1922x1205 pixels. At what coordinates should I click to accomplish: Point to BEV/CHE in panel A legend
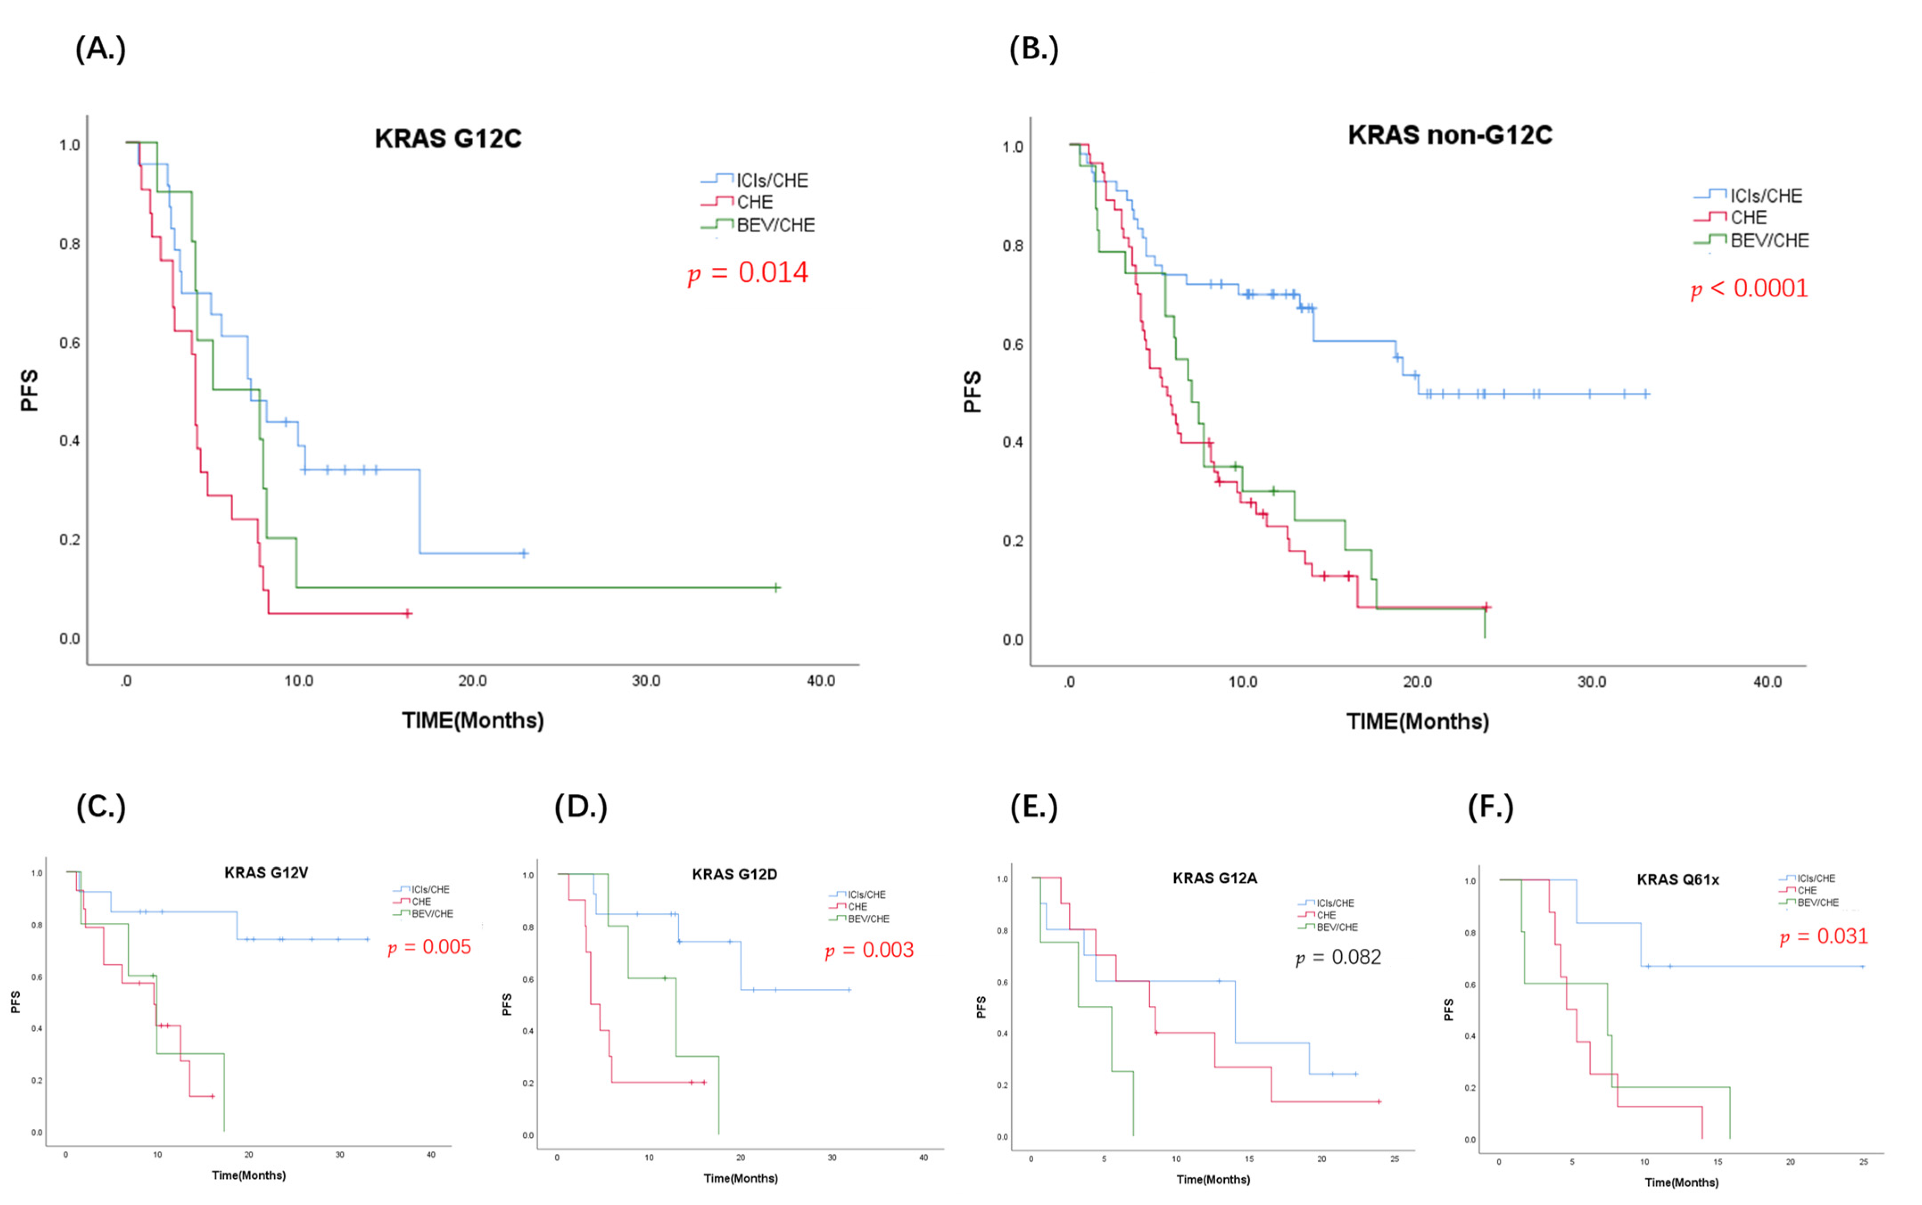click(x=775, y=226)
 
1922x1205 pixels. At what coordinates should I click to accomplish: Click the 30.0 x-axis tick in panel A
click(x=646, y=681)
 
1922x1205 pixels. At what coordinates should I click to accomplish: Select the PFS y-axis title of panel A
click(x=29, y=391)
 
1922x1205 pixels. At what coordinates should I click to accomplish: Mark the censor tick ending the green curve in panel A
click(x=775, y=588)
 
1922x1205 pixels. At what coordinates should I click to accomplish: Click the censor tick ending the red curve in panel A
click(x=407, y=613)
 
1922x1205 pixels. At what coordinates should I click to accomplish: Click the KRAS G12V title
click(x=266, y=873)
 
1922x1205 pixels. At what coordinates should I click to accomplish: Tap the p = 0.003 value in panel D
click(x=869, y=950)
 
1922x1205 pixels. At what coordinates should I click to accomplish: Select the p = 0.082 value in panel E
click(x=1338, y=957)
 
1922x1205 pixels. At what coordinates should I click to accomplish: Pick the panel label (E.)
click(x=1034, y=807)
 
